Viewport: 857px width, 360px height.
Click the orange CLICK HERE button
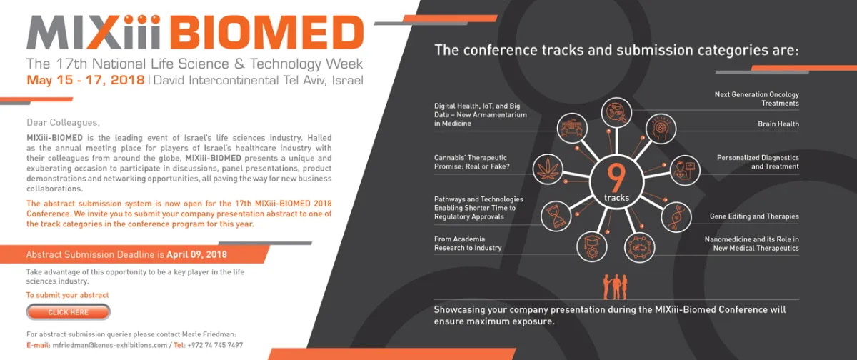(69, 312)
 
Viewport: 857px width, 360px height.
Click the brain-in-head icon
(661, 129)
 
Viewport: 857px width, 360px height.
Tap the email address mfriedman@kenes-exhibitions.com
(109, 345)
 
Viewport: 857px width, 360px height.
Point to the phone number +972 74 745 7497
(215, 345)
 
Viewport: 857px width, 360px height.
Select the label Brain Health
(778, 124)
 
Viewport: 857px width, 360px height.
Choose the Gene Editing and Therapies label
(753, 216)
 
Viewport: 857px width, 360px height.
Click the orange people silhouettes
(615, 287)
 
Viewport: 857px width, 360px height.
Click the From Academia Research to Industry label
(468, 244)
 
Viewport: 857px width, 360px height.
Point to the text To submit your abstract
(67, 295)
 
